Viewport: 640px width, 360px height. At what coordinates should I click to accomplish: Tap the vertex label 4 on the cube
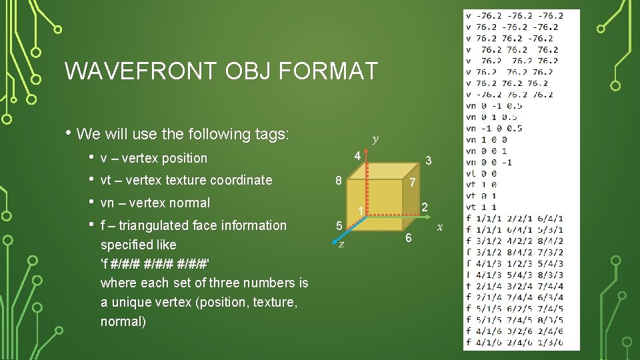357,156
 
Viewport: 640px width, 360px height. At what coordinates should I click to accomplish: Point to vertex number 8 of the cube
339,180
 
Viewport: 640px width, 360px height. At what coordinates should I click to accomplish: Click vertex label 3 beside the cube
429,161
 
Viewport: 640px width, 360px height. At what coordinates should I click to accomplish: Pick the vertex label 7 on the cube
413,183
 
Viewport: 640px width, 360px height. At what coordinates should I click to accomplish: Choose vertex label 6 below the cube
409,239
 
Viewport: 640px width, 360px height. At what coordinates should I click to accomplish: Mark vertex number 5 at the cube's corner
339,226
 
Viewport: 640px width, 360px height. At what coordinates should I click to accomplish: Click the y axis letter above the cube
375,139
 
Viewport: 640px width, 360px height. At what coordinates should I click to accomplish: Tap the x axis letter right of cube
439,227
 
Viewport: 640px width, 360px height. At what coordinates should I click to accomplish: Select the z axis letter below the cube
341,245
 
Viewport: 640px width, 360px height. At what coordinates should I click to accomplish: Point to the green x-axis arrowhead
429,216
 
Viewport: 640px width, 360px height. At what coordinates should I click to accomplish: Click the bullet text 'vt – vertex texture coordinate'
186,180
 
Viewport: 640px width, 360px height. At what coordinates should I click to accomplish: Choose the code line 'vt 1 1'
481,207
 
